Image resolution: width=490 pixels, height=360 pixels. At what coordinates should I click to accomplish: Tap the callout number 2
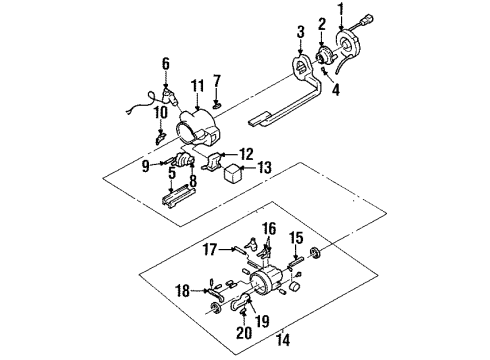tap(322, 23)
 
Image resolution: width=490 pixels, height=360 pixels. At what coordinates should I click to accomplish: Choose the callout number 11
tap(199, 88)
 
